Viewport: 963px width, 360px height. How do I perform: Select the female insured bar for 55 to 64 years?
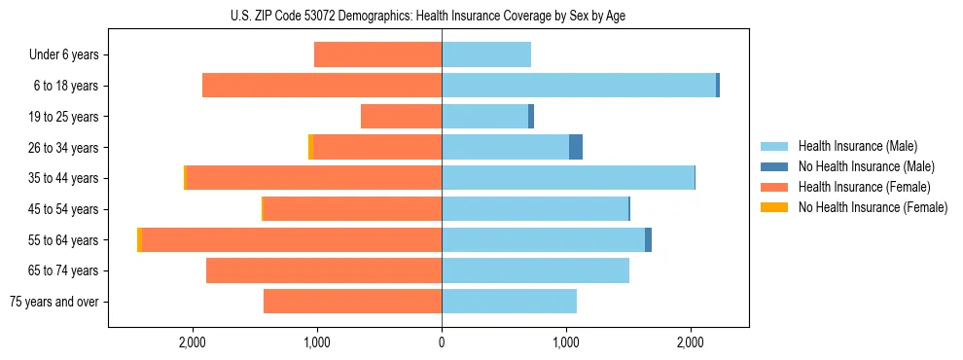pos(292,240)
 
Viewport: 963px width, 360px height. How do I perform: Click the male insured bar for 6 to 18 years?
pos(579,86)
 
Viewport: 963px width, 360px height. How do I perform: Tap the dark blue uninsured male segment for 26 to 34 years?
pos(576,148)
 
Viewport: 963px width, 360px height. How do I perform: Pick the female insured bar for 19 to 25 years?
pos(401,117)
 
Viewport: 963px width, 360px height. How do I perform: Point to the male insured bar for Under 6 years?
pos(486,54)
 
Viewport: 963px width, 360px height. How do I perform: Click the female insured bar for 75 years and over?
pos(352,302)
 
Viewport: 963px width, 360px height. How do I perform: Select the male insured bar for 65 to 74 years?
pos(535,270)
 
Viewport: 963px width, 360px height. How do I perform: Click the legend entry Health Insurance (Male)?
pos(857,146)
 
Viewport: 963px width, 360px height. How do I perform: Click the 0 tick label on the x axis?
pos(442,342)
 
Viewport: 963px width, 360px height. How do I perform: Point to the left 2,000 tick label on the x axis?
pos(193,342)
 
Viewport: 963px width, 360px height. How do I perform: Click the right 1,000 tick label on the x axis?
pos(566,342)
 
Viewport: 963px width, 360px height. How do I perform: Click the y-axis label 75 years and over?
pos(53,302)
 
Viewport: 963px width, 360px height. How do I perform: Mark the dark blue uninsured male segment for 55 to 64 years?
pos(648,240)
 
